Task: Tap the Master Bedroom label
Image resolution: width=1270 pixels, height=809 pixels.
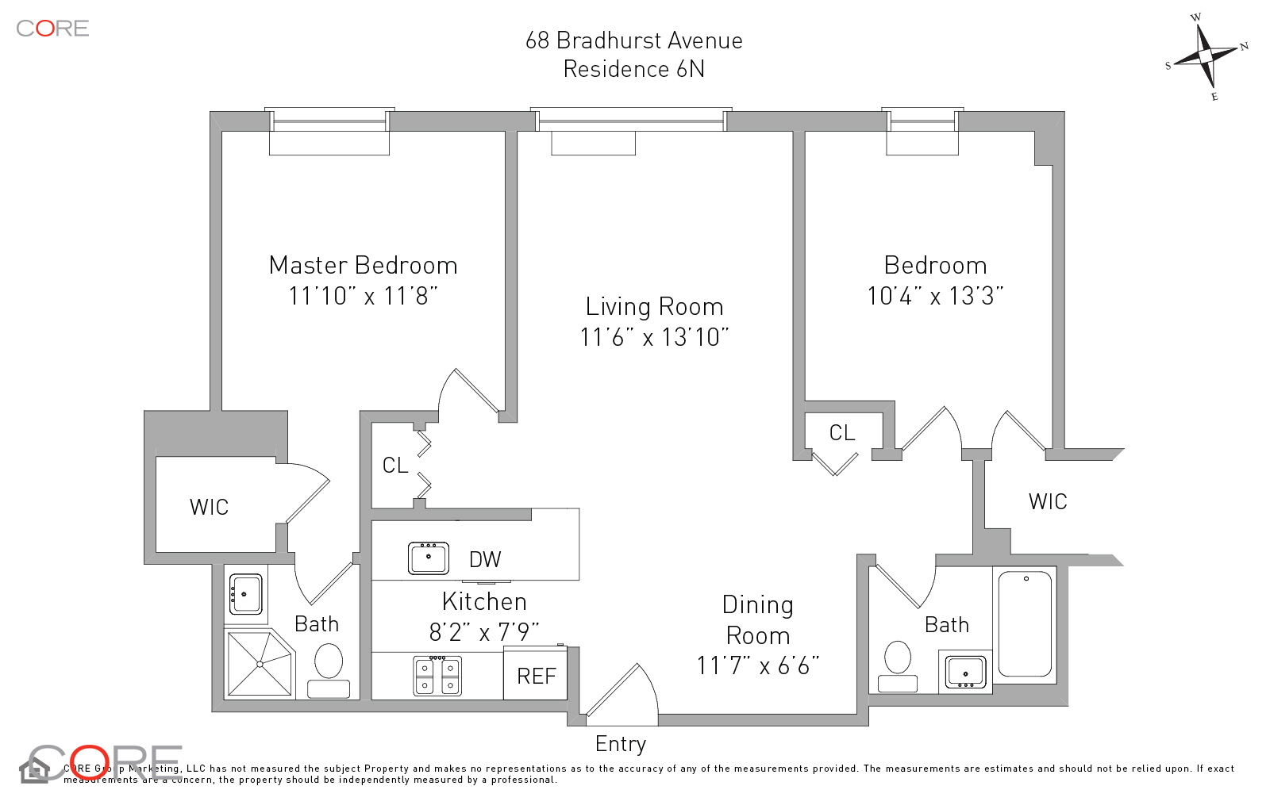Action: [x=363, y=265]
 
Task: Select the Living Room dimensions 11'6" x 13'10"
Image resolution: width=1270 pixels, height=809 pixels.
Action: [x=654, y=337]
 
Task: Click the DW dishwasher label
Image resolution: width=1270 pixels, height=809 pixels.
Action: [x=485, y=559]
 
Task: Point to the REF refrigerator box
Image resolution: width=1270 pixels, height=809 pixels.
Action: [x=536, y=676]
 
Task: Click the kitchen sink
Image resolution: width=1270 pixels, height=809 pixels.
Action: [x=428, y=558]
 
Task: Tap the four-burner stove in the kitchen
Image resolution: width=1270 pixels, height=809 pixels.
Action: [x=437, y=676]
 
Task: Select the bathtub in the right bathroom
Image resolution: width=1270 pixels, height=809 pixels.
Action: [x=1025, y=624]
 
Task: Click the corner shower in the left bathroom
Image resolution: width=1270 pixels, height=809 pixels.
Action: [x=260, y=663]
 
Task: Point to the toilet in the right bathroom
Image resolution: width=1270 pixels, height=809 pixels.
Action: [x=898, y=665]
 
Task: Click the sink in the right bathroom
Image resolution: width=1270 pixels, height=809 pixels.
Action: [x=965, y=673]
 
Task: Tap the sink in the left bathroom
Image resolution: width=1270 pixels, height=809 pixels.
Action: [x=246, y=594]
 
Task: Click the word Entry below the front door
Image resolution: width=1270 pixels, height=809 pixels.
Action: [x=621, y=744]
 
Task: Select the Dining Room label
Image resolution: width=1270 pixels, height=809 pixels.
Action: [x=758, y=619]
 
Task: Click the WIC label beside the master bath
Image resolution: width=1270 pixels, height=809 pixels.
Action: [x=209, y=507]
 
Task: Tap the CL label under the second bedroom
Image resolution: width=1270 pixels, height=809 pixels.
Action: [x=842, y=432]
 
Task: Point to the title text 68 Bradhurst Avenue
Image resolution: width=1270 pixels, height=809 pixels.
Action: [x=633, y=40]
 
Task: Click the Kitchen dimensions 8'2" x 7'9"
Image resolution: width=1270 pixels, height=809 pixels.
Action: [x=484, y=631]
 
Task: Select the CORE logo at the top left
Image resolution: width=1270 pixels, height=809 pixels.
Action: [x=52, y=29]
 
